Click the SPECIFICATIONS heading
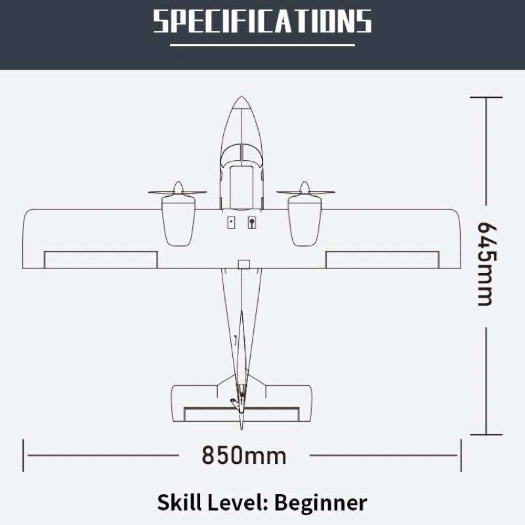(262, 21)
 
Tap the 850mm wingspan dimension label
(243, 455)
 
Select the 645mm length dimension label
(486, 264)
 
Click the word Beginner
(320, 503)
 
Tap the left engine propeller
(177, 192)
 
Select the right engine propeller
(305, 192)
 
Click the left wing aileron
(100, 260)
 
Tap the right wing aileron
(383, 260)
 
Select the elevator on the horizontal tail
(241, 414)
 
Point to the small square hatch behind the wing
(244, 264)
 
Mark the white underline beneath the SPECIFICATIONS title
(262, 45)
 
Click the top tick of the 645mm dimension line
(486, 97)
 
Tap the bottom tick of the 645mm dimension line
(486, 434)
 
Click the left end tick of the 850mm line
(24, 455)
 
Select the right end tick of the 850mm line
(461, 455)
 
